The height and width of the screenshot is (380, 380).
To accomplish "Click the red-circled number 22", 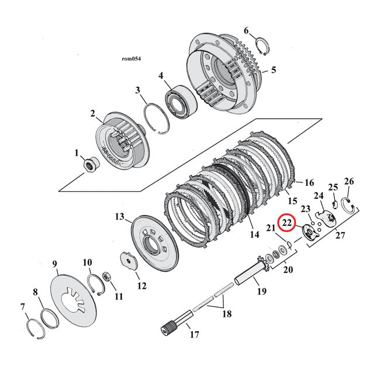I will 287,223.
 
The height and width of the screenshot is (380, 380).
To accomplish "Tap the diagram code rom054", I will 131,59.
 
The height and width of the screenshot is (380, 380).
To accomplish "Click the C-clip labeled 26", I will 348,205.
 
